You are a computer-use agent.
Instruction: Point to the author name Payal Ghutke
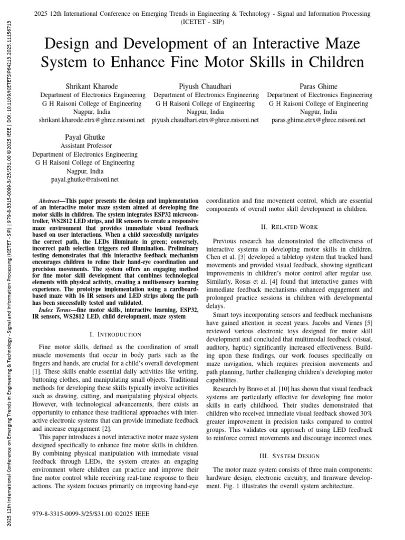point(85,137)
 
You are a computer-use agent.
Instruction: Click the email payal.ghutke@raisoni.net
point(85,179)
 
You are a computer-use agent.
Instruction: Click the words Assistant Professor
point(85,145)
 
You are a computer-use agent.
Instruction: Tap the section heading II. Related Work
point(290,227)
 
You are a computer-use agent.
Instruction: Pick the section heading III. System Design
point(290,456)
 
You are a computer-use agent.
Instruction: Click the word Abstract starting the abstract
point(51,201)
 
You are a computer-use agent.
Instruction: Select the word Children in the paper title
point(331,63)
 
